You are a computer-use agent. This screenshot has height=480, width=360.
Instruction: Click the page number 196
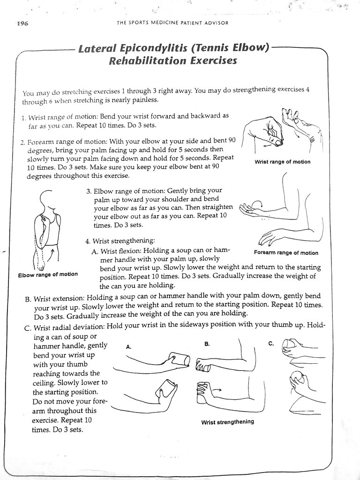coord(22,24)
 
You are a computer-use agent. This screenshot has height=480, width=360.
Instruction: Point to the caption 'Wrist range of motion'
coord(282,162)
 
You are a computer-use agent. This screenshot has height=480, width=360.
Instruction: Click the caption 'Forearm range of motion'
coord(285,253)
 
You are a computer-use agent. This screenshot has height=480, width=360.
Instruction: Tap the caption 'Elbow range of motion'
coord(48,274)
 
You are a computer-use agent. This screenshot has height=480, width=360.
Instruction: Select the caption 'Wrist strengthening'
coord(227,421)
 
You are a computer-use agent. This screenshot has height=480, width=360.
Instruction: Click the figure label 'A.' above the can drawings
coord(129,347)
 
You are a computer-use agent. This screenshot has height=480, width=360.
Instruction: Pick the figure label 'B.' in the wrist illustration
coord(207,344)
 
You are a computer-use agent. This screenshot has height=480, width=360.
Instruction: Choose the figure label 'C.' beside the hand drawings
coord(271,344)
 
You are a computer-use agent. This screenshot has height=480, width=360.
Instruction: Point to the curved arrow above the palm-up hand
coord(257,204)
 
